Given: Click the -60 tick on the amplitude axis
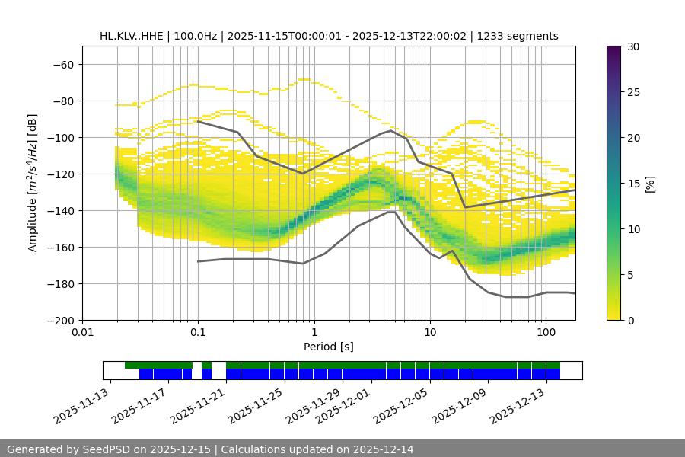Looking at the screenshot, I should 63,64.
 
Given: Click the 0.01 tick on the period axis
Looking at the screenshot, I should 82,332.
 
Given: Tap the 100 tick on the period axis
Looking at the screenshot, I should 546,332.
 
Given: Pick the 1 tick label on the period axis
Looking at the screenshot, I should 314,332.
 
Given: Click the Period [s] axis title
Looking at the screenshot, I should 329,347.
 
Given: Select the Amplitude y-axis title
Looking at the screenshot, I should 33,183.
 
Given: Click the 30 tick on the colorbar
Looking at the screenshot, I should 632,46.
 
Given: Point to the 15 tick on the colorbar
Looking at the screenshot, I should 632,183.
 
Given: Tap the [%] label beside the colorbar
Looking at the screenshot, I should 651,183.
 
